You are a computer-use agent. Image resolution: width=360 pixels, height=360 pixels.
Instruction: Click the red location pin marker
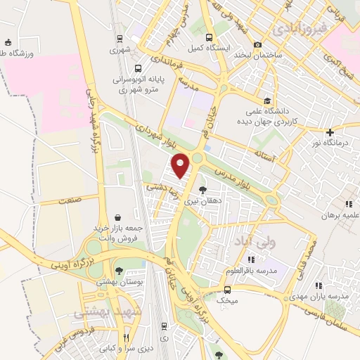tap(181, 166)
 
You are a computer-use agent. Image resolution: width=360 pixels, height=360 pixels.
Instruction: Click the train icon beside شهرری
tap(121, 39)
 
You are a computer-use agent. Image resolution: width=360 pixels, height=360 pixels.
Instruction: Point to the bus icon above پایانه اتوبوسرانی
tap(138, 69)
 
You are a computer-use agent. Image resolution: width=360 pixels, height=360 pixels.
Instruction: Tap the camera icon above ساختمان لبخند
tap(257, 44)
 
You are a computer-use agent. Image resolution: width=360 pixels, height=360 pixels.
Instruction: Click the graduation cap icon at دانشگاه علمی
tap(266, 100)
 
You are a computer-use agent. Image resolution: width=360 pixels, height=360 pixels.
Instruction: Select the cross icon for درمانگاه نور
tap(329, 132)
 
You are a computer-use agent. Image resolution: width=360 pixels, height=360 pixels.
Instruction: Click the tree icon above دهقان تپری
tap(202, 190)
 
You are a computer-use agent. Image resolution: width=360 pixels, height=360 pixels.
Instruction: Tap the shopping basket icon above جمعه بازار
tap(116, 217)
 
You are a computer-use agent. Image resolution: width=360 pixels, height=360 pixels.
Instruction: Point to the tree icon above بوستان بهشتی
tap(119, 271)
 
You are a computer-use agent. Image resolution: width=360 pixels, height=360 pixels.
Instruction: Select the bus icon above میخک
tap(226, 290)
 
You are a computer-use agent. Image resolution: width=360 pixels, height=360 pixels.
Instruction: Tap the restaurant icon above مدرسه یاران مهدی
tap(319, 285)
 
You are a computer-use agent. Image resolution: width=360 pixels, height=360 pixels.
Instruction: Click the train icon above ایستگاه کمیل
tap(207, 38)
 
